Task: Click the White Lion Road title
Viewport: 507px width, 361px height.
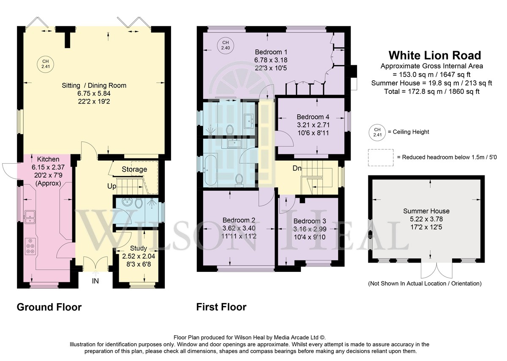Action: tap(435, 55)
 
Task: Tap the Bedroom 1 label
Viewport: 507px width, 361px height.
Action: tap(271, 52)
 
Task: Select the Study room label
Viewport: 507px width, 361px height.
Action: tap(139, 248)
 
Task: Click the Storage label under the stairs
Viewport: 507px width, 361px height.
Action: tap(134, 169)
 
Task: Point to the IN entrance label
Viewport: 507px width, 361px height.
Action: tap(95, 281)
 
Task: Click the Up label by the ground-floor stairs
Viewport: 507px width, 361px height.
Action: tap(112, 186)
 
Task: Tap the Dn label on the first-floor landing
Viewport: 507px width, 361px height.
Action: tap(297, 168)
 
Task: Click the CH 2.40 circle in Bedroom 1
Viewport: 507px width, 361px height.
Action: tap(226, 45)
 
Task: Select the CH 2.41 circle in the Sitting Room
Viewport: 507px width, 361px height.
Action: tap(46, 64)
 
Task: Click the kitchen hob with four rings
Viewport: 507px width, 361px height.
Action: tap(30, 246)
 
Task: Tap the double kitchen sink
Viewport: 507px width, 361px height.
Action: tap(30, 217)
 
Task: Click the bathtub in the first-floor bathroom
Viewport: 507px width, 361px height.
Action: tap(211, 169)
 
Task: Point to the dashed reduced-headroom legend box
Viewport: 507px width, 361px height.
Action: tap(381, 158)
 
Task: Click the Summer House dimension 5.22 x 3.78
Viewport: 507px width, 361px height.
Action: tap(426, 219)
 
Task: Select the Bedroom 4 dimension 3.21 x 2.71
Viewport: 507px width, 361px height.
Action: tap(313, 125)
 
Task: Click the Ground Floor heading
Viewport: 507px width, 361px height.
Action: tap(49, 307)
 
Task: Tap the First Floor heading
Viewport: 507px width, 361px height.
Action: tap(221, 307)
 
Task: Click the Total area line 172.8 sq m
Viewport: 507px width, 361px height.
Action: tap(432, 91)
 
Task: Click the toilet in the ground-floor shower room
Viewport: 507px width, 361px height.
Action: tap(138, 203)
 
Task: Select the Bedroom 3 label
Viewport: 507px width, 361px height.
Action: tap(310, 221)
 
